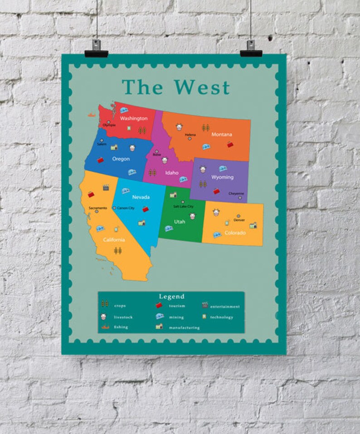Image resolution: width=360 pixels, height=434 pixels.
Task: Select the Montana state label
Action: tap(222, 134)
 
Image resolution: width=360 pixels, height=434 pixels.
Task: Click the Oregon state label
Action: tap(121, 159)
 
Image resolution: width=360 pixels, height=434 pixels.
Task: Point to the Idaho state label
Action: tap(172, 172)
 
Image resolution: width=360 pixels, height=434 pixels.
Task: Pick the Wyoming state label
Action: tap(223, 177)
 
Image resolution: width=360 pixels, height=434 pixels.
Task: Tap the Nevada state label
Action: tap(141, 197)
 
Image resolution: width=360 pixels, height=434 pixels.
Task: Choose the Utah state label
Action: tap(180, 222)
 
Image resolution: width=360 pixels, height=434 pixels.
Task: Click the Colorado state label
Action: tap(235, 233)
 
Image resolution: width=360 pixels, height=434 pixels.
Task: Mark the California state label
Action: tap(114, 239)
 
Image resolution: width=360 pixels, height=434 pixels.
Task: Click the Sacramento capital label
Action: tap(98, 208)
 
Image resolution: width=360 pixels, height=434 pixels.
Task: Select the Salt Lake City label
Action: tap(183, 206)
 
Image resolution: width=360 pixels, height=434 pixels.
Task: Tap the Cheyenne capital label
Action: tap(236, 193)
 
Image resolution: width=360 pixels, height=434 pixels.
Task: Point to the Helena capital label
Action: tap(190, 135)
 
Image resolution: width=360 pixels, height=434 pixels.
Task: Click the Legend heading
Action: tap(171, 297)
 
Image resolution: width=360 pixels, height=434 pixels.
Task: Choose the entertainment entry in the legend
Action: tap(225, 307)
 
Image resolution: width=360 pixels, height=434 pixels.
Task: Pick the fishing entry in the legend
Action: tap(121, 327)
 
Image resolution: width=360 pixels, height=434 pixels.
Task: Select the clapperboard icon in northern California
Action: tap(106, 187)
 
